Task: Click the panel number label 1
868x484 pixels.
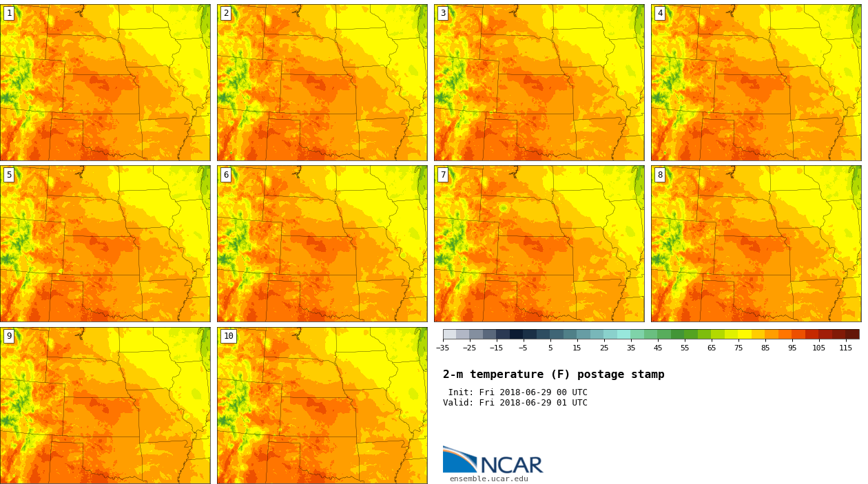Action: click(9, 13)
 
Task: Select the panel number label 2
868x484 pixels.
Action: click(226, 13)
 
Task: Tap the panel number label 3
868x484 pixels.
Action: click(443, 13)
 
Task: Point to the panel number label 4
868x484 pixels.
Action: click(660, 13)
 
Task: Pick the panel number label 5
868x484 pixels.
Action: click(9, 175)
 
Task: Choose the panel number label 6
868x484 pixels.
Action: click(226, 175)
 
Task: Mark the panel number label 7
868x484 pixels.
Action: click(443, 175)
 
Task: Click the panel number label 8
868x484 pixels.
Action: click(660, 175)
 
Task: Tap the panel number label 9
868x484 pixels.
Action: click(9, 336)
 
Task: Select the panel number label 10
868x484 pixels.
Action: click(228, 336)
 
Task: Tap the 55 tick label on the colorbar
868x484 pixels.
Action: click(685, 348)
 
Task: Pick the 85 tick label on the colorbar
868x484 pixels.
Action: click(765, 348)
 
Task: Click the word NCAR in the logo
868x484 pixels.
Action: click(511, 465)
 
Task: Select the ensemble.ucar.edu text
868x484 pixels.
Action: click(488, 479)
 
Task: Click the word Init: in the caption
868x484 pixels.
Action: click(461, 392)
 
